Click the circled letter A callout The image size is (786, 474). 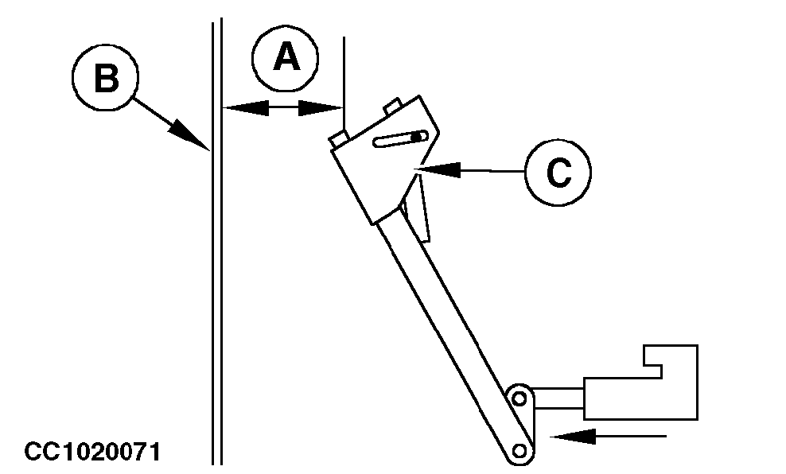pyautogui.click(x=285, y=58)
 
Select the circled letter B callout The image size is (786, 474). pyautogui.click(x=105, y=78)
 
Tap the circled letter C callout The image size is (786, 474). pyautogui.click(x=558, y=172)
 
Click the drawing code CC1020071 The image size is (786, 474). pyautogui.click(x=92, y=452)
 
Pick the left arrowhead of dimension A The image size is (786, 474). pyautogui.click(x=246, y=107)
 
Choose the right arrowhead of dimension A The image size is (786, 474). pyautogui.click(x=321, y=107)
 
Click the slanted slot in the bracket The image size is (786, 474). pyautogui.click(x=400, y=139)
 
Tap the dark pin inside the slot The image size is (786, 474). pyautogui.click(x=416, y=136)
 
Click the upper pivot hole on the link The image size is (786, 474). pyautogui.click(x=519, y=399)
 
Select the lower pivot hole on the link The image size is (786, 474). pyautogui.click(x=519, y=450)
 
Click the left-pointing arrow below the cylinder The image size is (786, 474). pyautogui.click(x=608, y=437)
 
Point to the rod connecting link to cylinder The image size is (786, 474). pyautogui.click(x=558, y=398)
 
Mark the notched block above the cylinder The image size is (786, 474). pyautogui.click(x=671, y=362)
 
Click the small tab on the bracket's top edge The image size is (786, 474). pyautogui.click(x=392, y=106)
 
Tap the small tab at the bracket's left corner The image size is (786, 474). pyautogui.click(x=339, y=139)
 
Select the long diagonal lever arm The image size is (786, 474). pyautogui.click(x=453, y=332)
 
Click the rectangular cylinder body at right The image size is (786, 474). pyautogui.click(x=640, y=398)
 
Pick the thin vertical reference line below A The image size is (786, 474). pyautogui.click(x=344, y=84)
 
